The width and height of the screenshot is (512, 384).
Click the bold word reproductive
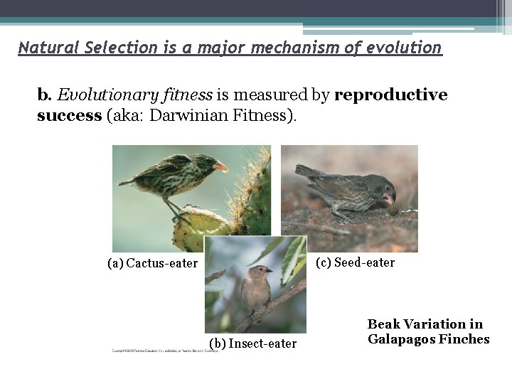(390, 95)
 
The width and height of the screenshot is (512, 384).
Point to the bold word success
(69, 115)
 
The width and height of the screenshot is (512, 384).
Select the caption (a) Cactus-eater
(152, 264)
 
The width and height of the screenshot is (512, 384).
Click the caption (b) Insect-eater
(252, 344)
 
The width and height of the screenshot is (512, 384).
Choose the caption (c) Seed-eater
(355, 263)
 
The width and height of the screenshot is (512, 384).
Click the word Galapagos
(400, 339)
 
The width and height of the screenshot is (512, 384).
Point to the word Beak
(384, 324)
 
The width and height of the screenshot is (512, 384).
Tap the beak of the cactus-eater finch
(221, 167)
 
